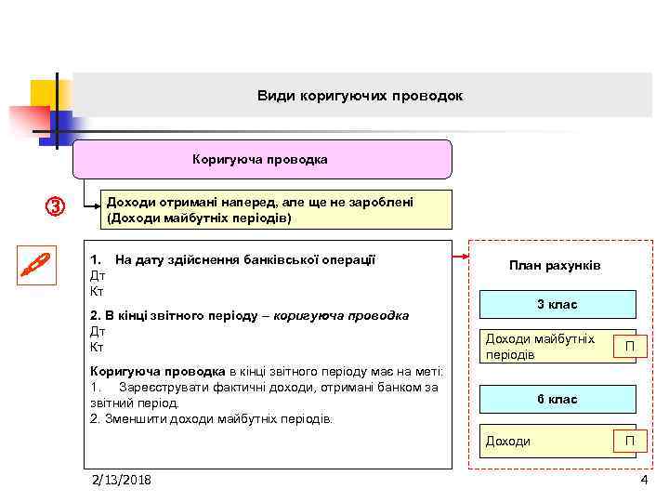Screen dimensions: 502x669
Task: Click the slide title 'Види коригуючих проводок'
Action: pyautogui.click(x=360, y=96)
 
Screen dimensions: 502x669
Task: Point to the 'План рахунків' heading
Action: pyautogui.click(x=555, y=266)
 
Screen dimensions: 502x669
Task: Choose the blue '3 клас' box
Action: pyautogui.click(x=557, y=305)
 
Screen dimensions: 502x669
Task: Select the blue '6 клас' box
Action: pyautogui.click(x=557, y=399)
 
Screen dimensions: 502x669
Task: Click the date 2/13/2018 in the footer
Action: pyautogui.click(x=122, y=480)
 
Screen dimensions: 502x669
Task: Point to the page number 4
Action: pyautogui.click(x=643, y=480)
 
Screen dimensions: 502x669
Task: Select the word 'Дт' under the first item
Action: pyautogui.click(x=97, y=276)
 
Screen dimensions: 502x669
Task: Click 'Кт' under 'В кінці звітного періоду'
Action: pyautogui.click(x=97, y=347)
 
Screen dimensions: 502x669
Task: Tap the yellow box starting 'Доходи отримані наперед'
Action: pyautogui.click(x=275, y=210)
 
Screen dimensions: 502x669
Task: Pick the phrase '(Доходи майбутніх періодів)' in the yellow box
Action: pyautogui.click(x=199, y=218)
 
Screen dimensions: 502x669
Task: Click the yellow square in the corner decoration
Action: pyautogui.click(x=46, y=94)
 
